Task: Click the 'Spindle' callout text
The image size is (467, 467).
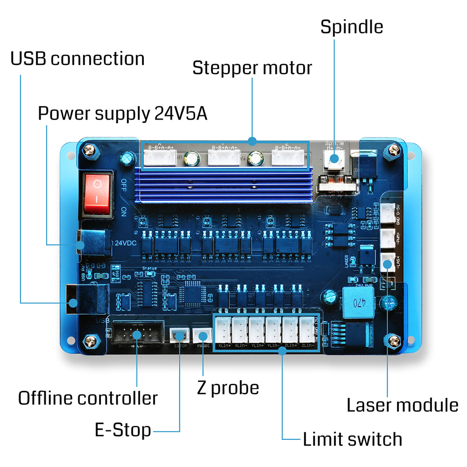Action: click(351, 27)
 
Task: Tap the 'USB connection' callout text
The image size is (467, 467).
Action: click(78, 59)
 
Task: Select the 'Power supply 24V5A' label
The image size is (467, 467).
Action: click(122, 113)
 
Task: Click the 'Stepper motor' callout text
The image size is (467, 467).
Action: click(252, 68)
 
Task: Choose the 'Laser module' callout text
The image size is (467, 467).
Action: click(402, 405)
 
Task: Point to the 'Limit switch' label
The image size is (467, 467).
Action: click(352, 439)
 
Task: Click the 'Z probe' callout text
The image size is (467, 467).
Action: click(228, 388)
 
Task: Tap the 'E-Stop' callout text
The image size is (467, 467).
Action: click(123, 430)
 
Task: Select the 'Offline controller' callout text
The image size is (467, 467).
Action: click(88, 398)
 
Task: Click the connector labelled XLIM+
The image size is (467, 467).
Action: click(223, 330)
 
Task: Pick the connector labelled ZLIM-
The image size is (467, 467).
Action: click(307, 330)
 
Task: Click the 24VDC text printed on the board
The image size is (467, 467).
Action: click(125, 243)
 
